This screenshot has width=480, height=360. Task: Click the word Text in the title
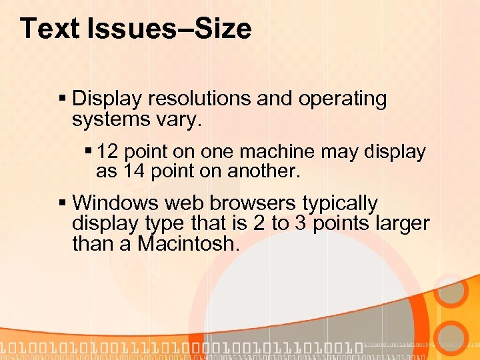(x=48, y=29)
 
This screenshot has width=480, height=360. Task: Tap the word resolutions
(x=199, y=99)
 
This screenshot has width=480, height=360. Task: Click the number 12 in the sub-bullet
(x=107, y=152)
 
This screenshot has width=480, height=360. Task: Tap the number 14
(x=133, y=171)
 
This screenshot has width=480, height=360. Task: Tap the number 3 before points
(x=301, y=223)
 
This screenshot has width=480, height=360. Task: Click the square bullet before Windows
(x=63, y=203)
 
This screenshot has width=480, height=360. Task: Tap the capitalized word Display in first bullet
(x=107, y=99)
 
